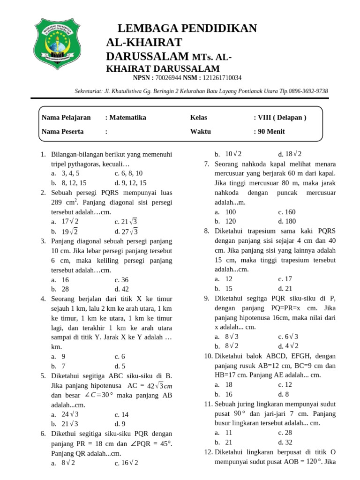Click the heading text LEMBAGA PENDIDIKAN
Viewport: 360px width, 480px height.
point(187,29)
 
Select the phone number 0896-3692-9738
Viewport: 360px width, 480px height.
point(308,91)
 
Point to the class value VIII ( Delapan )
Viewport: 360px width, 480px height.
point(282,118)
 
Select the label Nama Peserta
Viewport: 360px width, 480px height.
point(62,132)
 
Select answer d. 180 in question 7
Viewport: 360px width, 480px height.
point(287,221)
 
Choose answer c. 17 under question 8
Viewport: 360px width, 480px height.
point(285,279)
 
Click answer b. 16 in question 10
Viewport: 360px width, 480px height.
point(225,394)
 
